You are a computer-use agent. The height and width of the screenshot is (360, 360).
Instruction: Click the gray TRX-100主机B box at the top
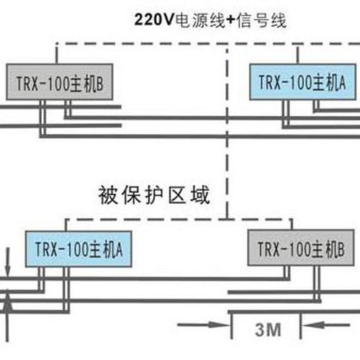click(x=60, y=82)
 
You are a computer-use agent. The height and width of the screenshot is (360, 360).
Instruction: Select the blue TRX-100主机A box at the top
click(x=302, y=82)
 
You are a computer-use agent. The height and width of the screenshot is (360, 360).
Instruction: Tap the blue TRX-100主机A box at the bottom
click(x=78, y=249)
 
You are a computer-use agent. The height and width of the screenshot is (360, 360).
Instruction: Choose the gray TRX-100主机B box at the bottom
click(x=301, y=248)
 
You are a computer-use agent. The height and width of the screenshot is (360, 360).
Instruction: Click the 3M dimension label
click(x=268, y=330)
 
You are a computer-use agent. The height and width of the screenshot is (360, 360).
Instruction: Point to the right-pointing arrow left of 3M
click(x=204, y=325)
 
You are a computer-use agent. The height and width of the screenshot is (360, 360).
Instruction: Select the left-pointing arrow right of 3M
click(x=325, y=325)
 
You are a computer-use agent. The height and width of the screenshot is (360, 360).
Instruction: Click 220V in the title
click(x=153, y=19)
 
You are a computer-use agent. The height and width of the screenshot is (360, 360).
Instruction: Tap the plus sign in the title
click(x=231, y=20)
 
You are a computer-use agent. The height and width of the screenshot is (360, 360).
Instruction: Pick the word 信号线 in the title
click(x=261, y=20)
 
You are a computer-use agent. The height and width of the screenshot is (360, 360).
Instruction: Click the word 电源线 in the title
click(x=200, y=20)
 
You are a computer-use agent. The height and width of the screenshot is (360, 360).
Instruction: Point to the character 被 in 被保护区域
click(x=108, y=195)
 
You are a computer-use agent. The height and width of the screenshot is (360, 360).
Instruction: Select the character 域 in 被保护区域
click(x=201, y=195)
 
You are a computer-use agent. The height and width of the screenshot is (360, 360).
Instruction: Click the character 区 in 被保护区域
click(x=177, y=195)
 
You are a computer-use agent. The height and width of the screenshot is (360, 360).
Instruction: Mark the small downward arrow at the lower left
click(x=8, y=262)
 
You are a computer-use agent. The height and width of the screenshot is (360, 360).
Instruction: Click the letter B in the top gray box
click(x=100, y=84)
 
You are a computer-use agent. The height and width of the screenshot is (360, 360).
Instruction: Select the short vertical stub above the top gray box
click(x=57, y=54)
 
